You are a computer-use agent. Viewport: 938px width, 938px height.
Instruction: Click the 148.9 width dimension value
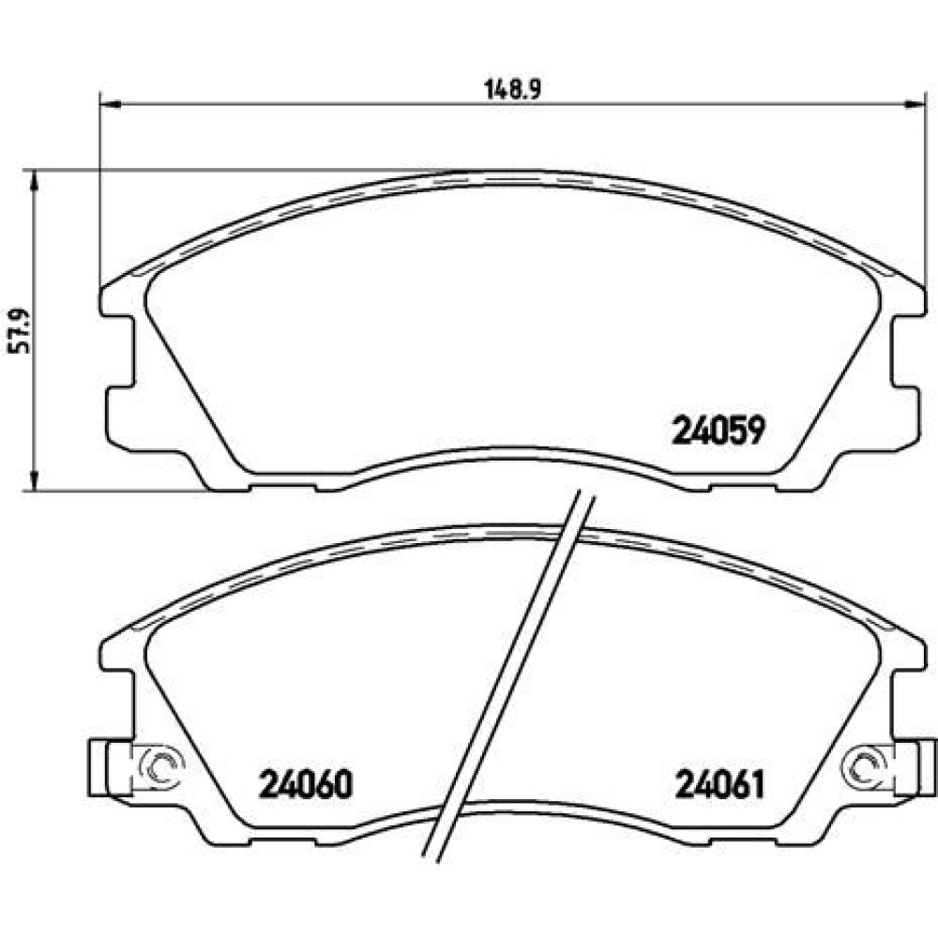tap(512, 90)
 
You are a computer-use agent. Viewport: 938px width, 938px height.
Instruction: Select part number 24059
tap(719, 431)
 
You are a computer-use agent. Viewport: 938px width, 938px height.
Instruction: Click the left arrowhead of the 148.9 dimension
tap(111, 105)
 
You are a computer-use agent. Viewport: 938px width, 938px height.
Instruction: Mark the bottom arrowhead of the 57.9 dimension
tap(34, 480)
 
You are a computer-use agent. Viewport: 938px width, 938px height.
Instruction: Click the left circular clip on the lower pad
tap(161, 764)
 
